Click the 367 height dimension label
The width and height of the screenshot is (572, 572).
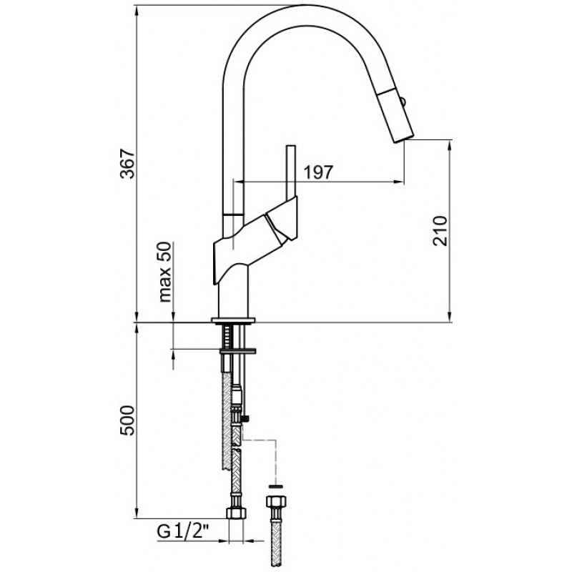[127, 164]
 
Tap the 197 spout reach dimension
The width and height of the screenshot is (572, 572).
[318, 172]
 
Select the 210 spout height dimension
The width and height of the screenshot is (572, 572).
[440, 231]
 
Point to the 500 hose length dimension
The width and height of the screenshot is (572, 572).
[127, 420]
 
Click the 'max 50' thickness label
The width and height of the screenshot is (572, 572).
[165, 272]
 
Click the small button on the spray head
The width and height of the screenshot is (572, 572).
[403, 102]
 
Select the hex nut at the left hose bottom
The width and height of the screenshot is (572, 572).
[236, 513]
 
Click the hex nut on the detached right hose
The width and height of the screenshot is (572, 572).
[276, 501]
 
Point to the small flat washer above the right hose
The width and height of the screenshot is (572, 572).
[276, 486]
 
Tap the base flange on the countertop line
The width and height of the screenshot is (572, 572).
[233, 320]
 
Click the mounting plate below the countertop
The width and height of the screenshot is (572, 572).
[237, 352]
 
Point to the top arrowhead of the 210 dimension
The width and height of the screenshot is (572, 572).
[450, 145]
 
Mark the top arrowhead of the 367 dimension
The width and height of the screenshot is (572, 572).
[137, 11]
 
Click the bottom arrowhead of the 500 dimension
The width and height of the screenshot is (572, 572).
[137, 513]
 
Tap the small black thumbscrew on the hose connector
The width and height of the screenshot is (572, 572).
[246, 418]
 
